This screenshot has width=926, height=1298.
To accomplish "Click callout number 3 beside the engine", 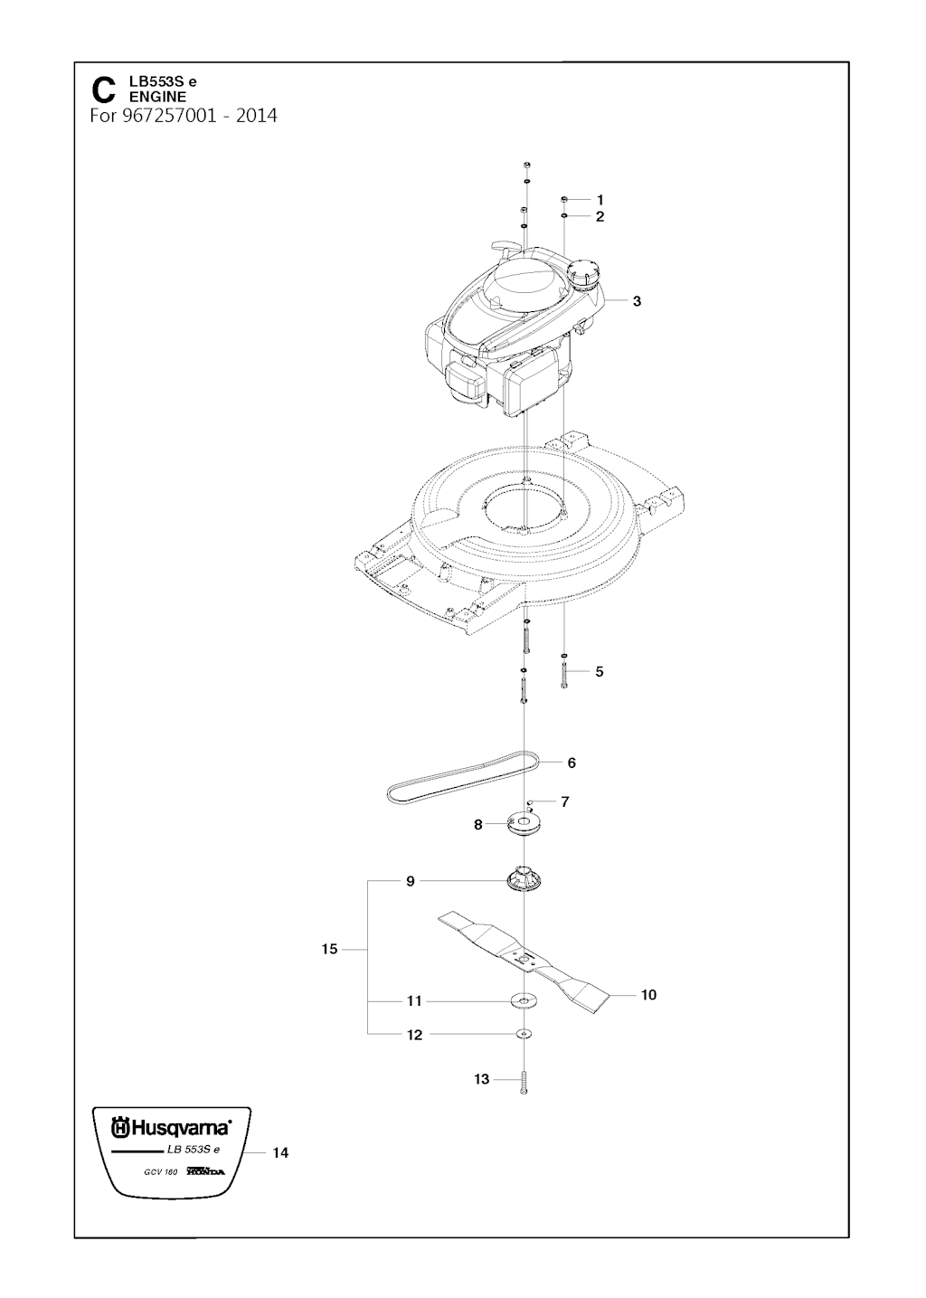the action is coord(637,301).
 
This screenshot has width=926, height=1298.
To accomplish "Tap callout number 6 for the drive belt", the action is coord(572,763).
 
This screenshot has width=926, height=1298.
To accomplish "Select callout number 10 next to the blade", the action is coord(648,995).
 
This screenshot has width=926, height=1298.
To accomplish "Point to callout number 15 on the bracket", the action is coord(329,949).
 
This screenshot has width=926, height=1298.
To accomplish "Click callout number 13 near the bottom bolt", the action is coord(482,1079).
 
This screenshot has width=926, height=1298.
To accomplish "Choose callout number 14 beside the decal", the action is coord(280,1153).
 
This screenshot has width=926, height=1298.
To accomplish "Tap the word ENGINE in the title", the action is coord(158,97).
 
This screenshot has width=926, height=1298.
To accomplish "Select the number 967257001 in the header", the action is coord(170,117).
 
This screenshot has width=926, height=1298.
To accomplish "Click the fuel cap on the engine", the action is coord(584,270).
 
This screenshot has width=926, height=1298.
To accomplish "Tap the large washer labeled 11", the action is coord(524,1000).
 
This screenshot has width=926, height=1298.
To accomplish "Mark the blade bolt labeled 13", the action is coord(524,1081).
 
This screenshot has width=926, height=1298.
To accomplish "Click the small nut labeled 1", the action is coord(563,199).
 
